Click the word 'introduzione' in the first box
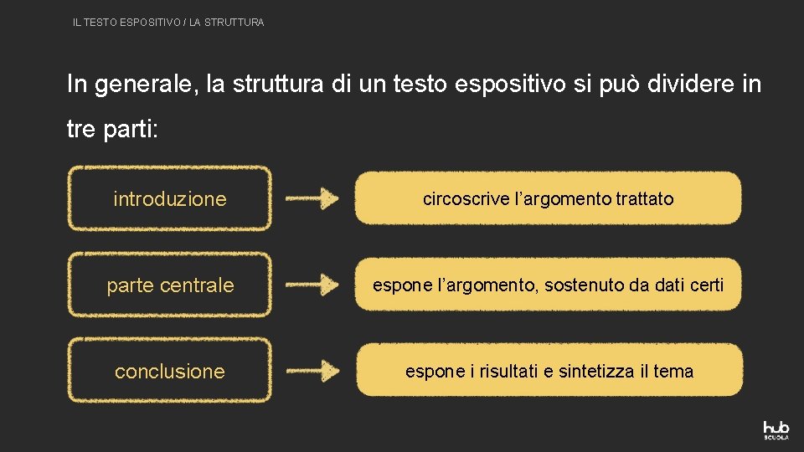170,199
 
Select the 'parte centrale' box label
170,285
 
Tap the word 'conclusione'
170,372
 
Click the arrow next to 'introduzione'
312,199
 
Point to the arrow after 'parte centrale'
312,285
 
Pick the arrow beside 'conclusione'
312,371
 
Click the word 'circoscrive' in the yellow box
465,199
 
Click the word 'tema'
673,371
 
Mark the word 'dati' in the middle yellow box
669,285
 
